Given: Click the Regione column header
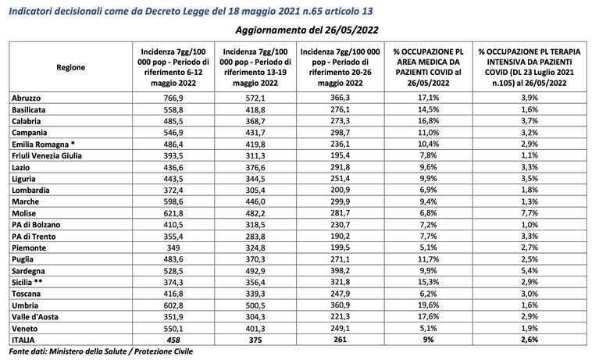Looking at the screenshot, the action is [70, 68].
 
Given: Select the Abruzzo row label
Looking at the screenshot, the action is [26, 98].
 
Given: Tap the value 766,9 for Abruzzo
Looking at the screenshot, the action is [173, 98].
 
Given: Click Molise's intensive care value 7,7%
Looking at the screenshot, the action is [529, 213].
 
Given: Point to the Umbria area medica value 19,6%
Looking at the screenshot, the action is [428, 305].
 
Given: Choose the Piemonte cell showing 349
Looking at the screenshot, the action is [173, 248].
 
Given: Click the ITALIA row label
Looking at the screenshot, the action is [23, 340].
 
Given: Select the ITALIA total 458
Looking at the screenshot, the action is [173, 340].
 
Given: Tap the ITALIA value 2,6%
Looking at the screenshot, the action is [529, 340].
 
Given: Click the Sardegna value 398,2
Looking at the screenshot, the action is [340, 270].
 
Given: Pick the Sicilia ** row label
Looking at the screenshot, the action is [27, 282].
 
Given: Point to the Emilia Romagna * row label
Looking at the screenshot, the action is [43, 144].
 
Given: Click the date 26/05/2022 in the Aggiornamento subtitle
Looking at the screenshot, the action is [351, 30].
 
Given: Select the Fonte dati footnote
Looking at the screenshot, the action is [101, 351].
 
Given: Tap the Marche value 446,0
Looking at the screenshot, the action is [255, 201].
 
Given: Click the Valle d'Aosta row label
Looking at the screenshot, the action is [35, 317].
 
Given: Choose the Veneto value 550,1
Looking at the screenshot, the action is [173, 328].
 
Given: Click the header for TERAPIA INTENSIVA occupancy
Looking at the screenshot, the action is [529, 67].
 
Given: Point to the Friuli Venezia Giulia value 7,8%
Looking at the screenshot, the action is [428, 155].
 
